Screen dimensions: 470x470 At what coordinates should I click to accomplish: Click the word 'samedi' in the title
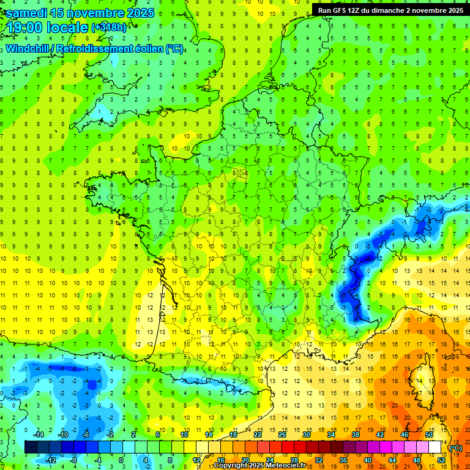point(27,12)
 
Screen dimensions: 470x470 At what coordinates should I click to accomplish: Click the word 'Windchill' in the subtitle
point(28,48)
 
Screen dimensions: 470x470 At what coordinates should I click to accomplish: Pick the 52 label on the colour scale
point(442,460)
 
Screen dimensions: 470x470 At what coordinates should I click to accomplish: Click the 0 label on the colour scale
point(121,460)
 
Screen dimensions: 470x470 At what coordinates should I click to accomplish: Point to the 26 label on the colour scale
point(282,435)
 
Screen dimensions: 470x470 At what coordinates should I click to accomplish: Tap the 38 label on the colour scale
point(356,435)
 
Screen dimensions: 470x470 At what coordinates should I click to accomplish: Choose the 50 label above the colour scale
point(429,435)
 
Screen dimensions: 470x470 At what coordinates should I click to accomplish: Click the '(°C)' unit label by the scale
point(455,447)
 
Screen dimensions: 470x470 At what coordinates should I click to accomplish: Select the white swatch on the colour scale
point(435,447)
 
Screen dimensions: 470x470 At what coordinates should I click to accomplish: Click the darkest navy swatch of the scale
point(31,447)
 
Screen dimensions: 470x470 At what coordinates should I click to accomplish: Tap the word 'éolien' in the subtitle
point(149,48)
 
